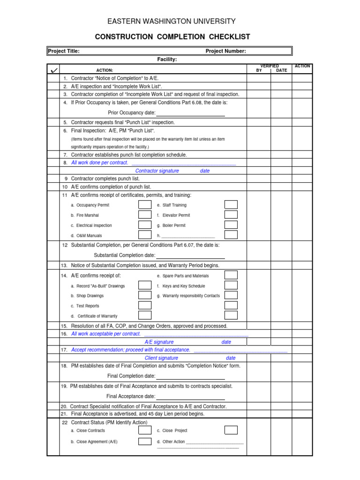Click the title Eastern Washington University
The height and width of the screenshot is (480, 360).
tap(172, 22)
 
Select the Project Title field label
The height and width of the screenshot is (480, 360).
tap(64, 51)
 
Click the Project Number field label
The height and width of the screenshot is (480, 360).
tap(225, 51)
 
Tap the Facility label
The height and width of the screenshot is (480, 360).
tap(167, 60)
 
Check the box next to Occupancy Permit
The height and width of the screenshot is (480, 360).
tap(144, 205)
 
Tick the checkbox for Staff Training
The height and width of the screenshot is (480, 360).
tap(231, 205)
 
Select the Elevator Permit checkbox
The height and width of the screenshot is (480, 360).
tap(231, 215)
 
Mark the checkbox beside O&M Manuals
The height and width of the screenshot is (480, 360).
tap(144, 235)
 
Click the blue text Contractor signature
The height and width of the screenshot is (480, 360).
tap(157, 171)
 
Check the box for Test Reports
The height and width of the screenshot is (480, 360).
tap(144, 306)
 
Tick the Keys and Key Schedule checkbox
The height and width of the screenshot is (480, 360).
tap(231, 285)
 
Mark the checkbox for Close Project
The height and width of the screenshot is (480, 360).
tap(231, 430)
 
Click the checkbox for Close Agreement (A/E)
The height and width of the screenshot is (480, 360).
tap(144, 442)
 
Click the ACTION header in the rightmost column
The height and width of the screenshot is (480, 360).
tap(302, 67)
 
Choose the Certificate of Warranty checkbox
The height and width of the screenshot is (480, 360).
tap(144, 316)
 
